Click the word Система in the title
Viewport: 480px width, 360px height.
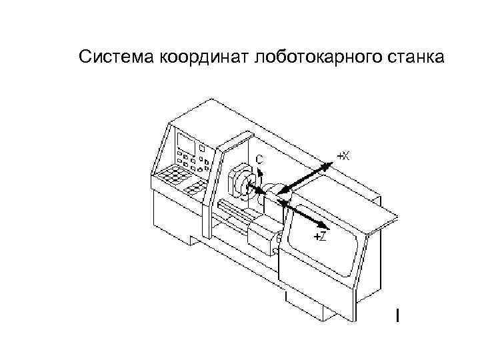point(115,57)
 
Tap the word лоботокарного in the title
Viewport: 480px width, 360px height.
point(313,57)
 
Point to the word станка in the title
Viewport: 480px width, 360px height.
point(411,57)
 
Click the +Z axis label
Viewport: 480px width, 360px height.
point(320,237)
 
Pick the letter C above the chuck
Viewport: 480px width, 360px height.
point(259,159)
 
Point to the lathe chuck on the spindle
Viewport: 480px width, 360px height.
point(239,184)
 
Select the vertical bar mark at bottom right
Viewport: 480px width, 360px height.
point(398,315)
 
